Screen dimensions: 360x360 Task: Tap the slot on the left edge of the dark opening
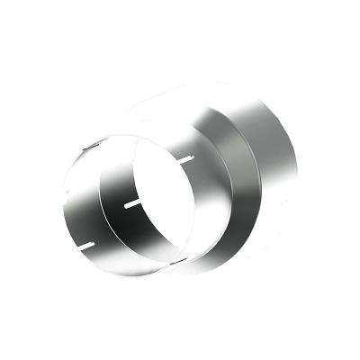(131, 204)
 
